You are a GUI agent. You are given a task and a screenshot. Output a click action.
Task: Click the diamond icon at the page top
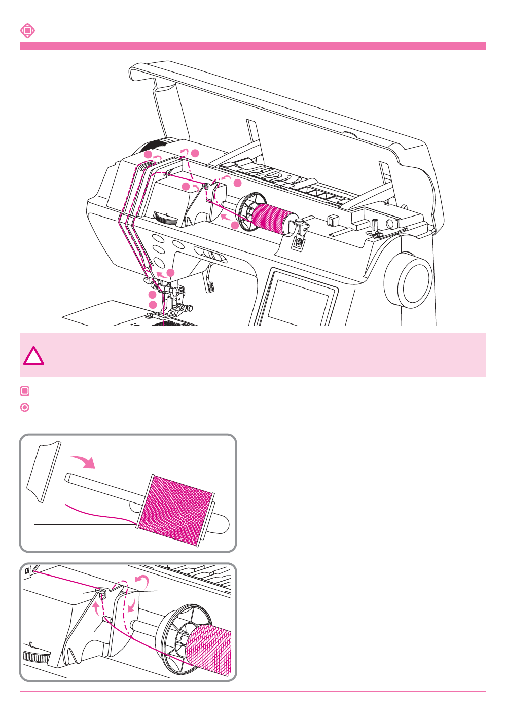[27, 31]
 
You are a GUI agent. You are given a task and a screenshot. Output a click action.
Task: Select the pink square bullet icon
[25, 391]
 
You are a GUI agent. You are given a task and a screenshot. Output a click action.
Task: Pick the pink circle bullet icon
[25, 407]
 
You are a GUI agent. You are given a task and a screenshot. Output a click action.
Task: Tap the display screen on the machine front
[299, 302]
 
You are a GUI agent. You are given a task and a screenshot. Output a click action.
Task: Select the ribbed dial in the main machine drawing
[166, 219]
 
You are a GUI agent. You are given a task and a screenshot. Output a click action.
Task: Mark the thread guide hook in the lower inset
[102, 592]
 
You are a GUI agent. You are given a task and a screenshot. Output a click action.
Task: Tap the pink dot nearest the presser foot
[153, 304]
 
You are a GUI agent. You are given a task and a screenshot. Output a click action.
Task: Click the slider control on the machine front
[211, 255]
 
